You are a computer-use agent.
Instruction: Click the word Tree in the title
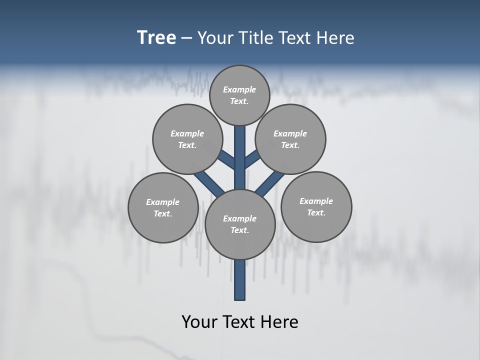pyautogui.click(x=156, y=37)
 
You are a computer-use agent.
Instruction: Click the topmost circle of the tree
pyautogui.click(x=239, y=95)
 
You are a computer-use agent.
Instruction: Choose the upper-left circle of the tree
pyautogui.click(x=187, y=139)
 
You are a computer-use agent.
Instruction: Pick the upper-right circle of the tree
pyautogui.click(x=290, y=139)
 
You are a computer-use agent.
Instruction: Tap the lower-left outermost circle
pyautogui.click(x=163, y=207)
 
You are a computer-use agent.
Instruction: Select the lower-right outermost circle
pyautogui.click(x=316, y=206)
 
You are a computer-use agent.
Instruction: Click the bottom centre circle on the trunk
pyautogui.click(x=240, y=224)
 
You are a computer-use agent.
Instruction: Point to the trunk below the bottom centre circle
pyautogui.click(x=240, y=280)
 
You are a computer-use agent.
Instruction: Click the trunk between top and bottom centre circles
pyautogui.click(x=240, y=157)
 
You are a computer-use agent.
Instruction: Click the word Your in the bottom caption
pyautogui.click(x=198, y=322)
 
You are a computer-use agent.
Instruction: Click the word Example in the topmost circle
pyautogui.click(x=239, y=89)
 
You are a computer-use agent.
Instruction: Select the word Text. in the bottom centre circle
pyautogui.click(x=239, y=230)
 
